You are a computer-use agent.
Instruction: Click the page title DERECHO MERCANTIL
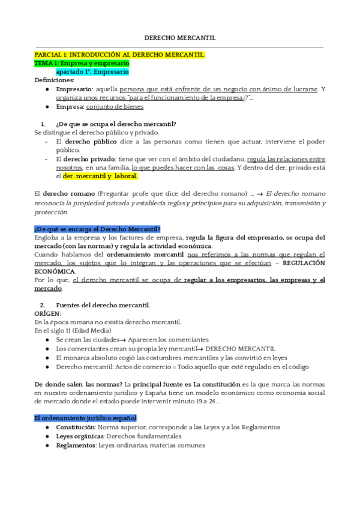[180, 38]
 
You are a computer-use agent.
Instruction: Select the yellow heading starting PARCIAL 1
[119, 55]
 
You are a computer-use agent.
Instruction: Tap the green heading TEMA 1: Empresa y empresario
[82, 63]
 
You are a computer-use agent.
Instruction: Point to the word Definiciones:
[54, 80]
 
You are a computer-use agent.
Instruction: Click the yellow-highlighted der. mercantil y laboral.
[100, 176]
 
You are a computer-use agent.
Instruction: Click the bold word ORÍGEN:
[48, 313]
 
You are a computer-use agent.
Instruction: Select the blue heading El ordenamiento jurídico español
[86, 418]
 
